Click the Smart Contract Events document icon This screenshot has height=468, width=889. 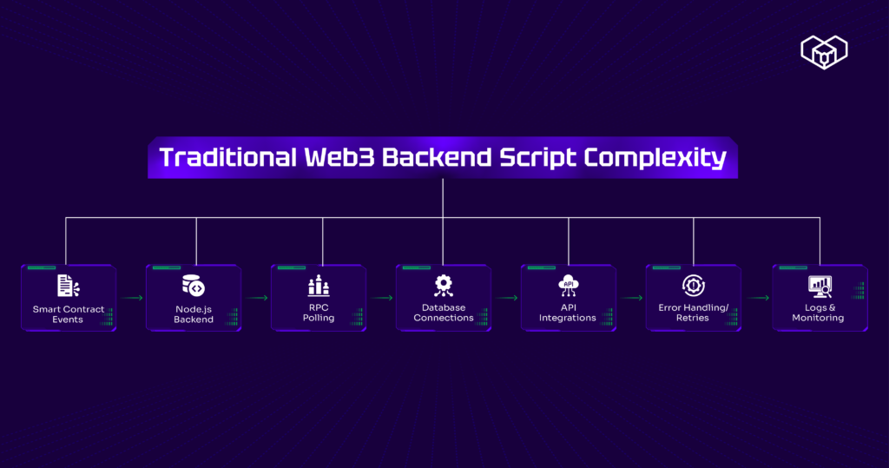(67, 285)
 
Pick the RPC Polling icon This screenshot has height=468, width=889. (319, 285)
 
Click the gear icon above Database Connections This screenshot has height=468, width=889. (443, 284)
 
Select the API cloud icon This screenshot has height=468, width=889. (568, 285)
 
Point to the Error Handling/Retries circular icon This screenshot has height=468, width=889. (693, 285)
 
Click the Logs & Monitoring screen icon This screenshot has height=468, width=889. (819, 285)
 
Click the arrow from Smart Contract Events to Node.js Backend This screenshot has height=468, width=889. (132, 298)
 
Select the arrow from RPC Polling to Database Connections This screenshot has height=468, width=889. (382, 298)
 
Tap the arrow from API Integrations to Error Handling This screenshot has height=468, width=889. (632, 298)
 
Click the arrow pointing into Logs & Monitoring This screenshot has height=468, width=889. (757, 298)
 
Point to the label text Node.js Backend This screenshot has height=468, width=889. (193, 313)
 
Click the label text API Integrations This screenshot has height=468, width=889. (568, 313)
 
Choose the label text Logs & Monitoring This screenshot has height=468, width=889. (818, 313)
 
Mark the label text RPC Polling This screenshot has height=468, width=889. (319, 313)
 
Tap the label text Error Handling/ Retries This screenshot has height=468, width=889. (693, 313)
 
